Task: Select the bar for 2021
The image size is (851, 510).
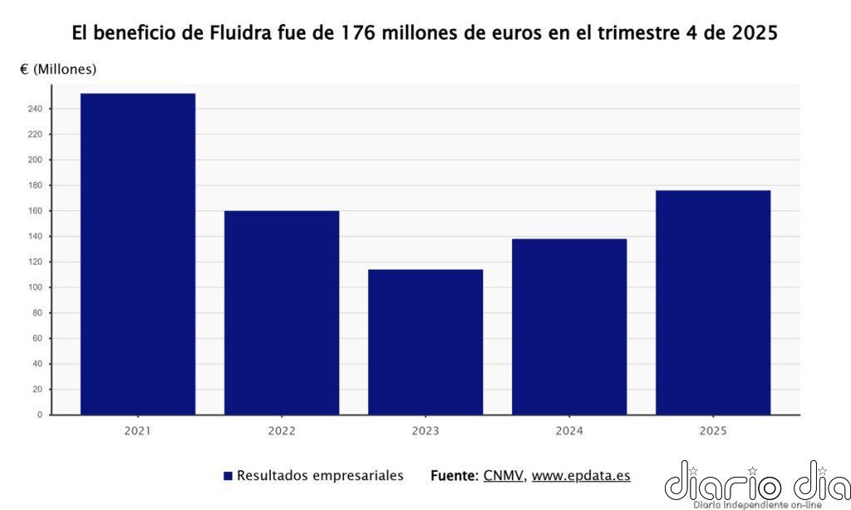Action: pos(138,253)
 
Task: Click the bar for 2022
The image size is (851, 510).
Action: pos(282,312)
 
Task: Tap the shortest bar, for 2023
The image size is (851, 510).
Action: pos(425,341)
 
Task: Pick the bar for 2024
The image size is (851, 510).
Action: pos(569,326)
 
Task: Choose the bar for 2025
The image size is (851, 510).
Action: pos(713,302)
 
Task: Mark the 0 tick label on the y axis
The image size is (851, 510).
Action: pos(38,414)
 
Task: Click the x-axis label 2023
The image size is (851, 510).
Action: pos(425,430)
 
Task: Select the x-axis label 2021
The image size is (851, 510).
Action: pos(138,430)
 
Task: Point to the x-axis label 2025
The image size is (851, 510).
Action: pos(713,430)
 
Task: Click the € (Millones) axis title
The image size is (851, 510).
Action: pos(58,69)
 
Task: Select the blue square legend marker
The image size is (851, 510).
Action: pos(228,476)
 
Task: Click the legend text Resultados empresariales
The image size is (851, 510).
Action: pos(320,476)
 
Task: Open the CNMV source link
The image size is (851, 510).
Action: pos(503,476)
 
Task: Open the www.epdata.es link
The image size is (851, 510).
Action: pos(581,476)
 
